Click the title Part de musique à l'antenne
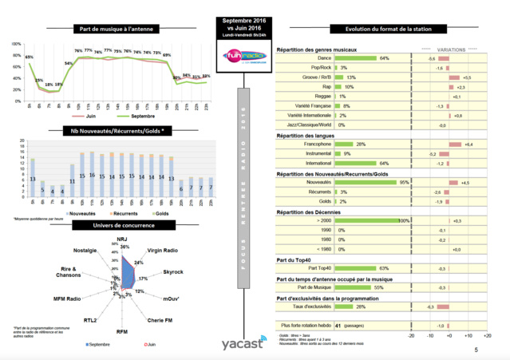click(x=112, y=29)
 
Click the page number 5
click(x=476, y=350)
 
